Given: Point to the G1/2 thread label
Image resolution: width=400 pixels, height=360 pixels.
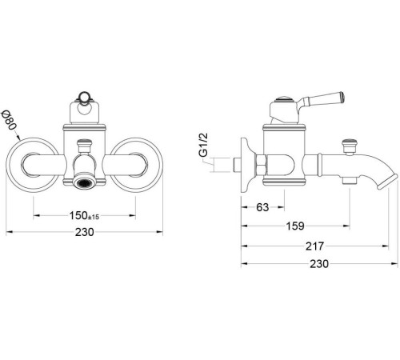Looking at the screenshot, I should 204,144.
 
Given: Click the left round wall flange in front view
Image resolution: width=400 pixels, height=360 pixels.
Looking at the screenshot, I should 33,163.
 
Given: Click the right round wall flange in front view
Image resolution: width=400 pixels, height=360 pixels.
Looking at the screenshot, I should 135,163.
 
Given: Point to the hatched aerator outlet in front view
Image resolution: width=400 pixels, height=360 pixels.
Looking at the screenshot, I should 83,184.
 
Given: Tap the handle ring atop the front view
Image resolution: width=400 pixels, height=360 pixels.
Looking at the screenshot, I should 84,101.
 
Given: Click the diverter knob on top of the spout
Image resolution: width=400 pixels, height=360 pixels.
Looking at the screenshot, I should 348,145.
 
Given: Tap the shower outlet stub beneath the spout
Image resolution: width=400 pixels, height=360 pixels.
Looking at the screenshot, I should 348,182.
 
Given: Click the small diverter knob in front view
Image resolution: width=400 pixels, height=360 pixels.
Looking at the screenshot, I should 84,144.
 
